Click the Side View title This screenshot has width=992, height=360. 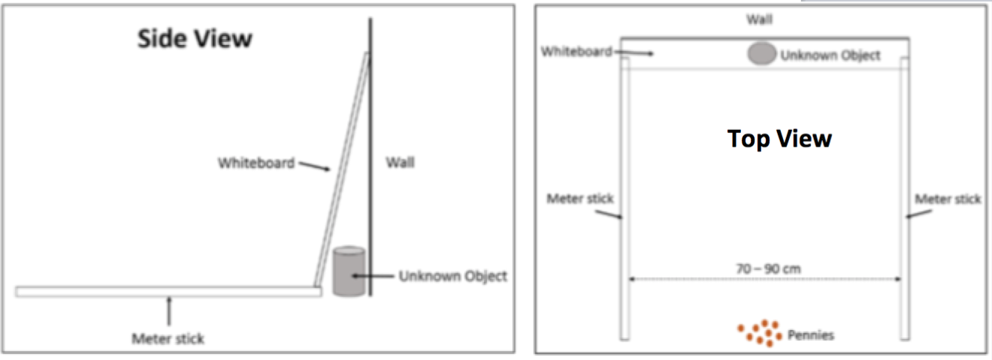[194, 39]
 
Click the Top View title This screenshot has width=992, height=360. [779, 139]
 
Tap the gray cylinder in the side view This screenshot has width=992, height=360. [349, 271]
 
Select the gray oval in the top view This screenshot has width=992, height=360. [761, 53]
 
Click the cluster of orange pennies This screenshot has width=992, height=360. [760, 334]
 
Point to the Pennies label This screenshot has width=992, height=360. [810, 335]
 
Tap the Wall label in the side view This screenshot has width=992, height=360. [399, 162]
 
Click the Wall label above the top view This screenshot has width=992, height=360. [759, 20]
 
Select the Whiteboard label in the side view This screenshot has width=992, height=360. [256, 162]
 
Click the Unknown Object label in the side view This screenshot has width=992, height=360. [452, 276]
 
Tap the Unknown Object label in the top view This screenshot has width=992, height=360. [830, 55]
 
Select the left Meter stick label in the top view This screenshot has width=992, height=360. [579, 198]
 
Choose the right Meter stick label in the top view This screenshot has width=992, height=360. [947, 198]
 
